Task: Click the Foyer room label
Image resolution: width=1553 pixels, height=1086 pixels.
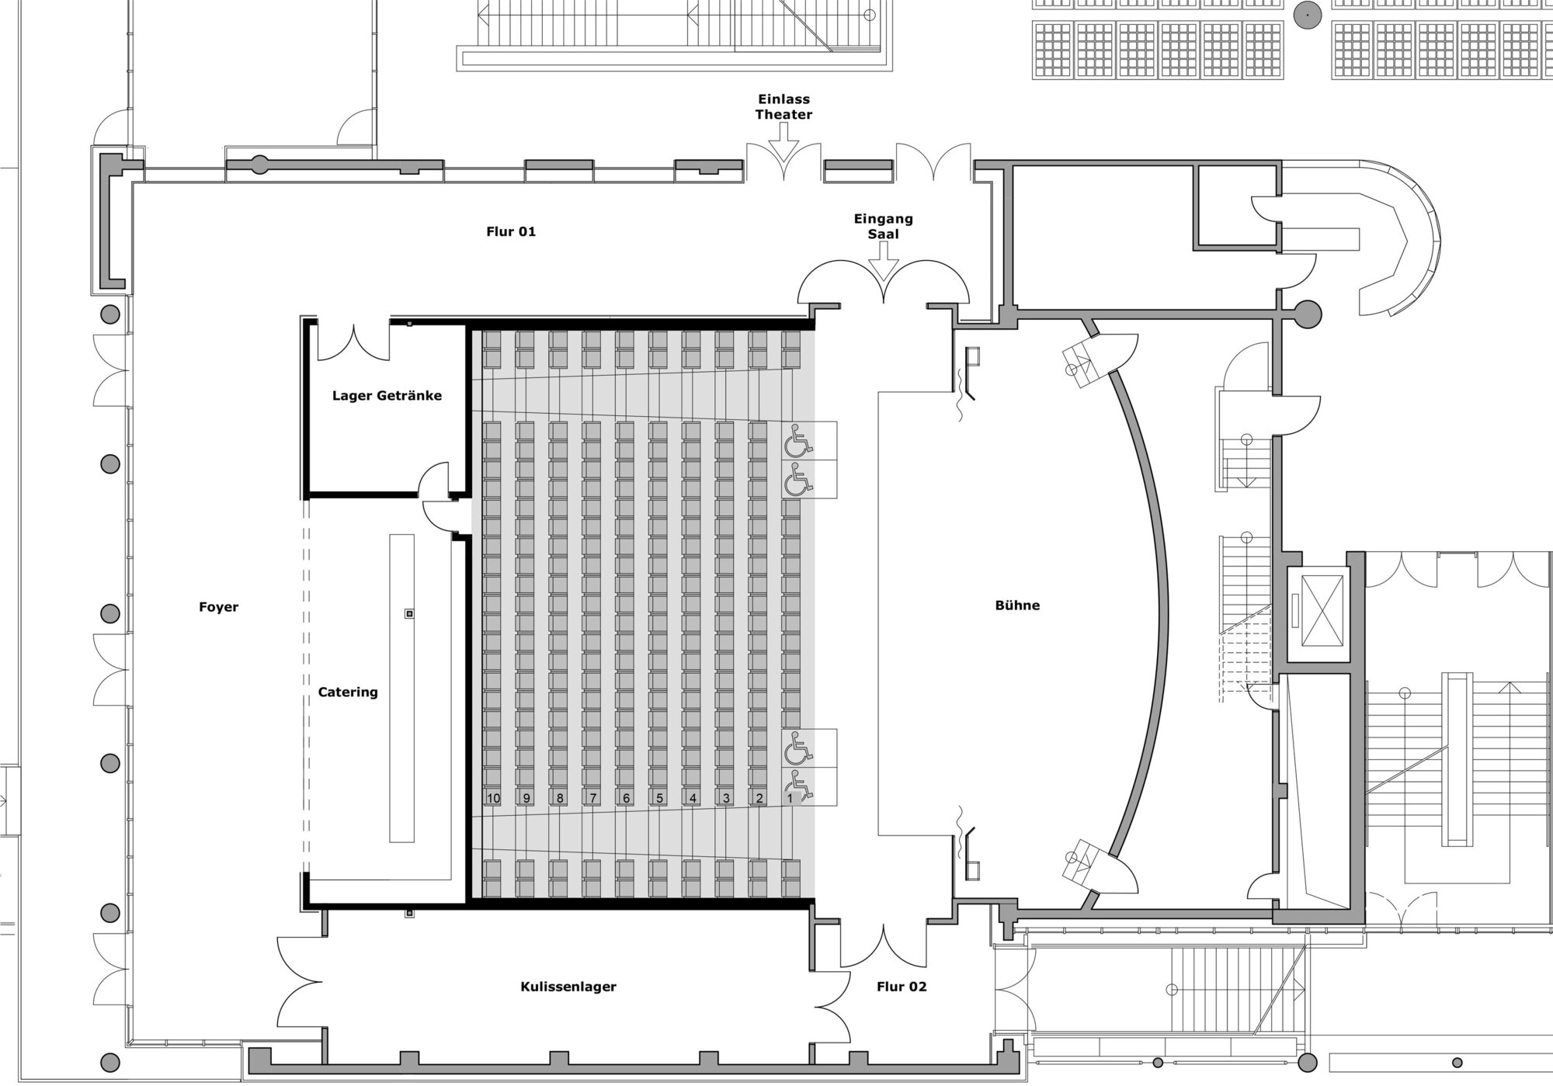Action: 218,607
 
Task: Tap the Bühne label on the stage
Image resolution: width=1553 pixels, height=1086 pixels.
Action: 1017,605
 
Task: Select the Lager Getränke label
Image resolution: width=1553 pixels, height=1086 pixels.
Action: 387,396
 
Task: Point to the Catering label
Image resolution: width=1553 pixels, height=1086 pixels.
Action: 348,692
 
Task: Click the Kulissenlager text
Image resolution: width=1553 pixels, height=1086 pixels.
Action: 568,987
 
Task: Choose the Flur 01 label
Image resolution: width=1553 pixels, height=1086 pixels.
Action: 511,231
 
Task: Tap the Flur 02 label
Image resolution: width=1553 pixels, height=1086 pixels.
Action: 902,987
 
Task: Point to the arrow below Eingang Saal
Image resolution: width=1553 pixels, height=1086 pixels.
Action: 883,260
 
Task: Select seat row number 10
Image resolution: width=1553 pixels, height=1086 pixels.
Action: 493,798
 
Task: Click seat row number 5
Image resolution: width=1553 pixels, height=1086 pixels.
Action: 659,798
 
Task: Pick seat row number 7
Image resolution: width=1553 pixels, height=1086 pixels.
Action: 592,798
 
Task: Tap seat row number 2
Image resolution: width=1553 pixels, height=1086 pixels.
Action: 759,798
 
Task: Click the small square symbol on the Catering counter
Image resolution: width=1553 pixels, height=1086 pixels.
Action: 409,614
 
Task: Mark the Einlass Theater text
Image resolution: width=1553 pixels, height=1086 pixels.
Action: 784,106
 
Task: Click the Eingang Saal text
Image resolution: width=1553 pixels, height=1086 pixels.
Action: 884,226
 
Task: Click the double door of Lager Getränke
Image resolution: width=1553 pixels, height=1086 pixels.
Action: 354,343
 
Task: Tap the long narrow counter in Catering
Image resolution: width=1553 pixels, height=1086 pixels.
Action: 401,688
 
